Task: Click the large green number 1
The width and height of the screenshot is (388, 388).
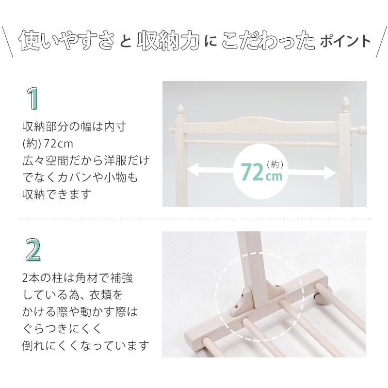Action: (x=32, y=98)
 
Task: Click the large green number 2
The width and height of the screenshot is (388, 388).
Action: (x=33, y=250)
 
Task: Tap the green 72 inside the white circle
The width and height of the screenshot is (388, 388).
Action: (x=252, y=172)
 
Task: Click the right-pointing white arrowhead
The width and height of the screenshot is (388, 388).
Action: (x=330, y=172)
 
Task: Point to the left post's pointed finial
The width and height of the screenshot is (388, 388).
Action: (x=181, y=110)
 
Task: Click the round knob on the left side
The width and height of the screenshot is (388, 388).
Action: (x=171, y=129)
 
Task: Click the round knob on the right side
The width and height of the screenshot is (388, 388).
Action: (x=361, y=129)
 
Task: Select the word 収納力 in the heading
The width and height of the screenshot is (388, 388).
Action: (x=168, y=41)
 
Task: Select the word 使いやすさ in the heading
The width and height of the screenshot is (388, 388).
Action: (x=66, y=40)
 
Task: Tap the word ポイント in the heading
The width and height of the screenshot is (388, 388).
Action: (x=345, y=41)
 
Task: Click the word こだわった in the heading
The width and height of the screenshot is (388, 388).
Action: (x=268, y=40)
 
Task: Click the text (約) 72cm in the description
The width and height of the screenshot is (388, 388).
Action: (x=48, y=144)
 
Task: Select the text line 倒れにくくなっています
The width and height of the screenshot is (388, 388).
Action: (x=86, y=345)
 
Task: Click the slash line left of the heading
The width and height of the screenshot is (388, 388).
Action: (x=8, y=42)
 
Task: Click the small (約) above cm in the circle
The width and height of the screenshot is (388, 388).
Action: (x=275, y=164)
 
